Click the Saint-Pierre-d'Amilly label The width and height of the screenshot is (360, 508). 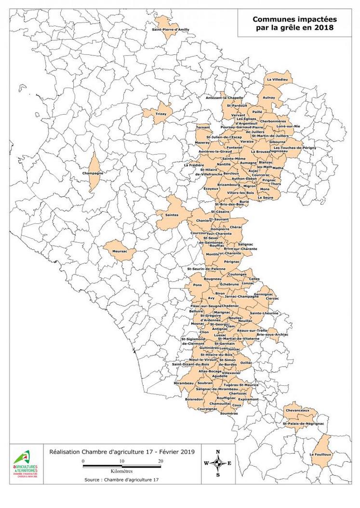(170, 30)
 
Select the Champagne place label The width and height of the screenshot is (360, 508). (93, 173)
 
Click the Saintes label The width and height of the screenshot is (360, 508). (172, 215)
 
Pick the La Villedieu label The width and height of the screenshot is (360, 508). (277, 79)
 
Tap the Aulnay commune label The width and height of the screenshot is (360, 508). (269, 98)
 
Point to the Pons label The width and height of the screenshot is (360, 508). (197, 285)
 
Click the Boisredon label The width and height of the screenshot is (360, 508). (194, 400)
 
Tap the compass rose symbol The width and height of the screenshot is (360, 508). (218, 463)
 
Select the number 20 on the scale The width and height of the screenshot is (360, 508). (160, 461)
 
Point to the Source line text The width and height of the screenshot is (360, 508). (121, 480)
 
